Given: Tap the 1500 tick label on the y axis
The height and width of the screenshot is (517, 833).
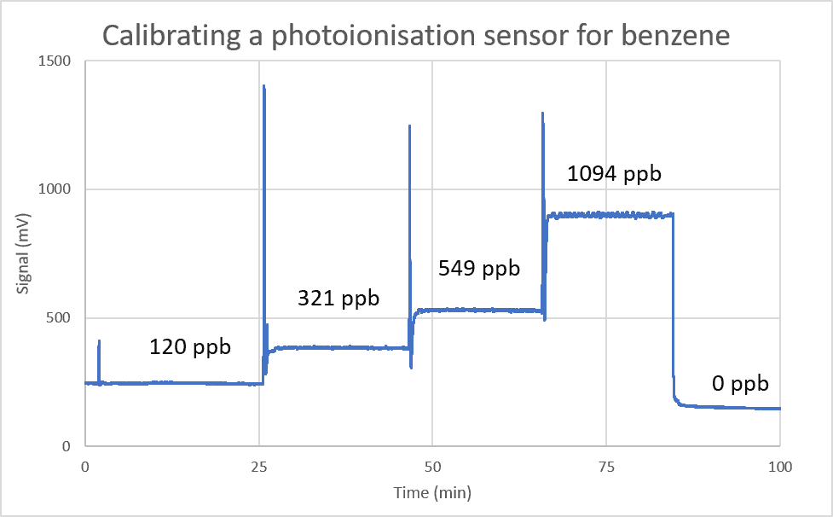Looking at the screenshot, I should [x=54, y=61].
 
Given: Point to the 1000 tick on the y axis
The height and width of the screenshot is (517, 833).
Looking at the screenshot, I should [x=54, y=189].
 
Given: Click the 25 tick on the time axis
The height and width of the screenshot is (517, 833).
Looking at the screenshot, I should [x=258, y=467].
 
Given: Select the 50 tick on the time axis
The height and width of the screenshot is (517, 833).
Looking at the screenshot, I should [x=432, y=467].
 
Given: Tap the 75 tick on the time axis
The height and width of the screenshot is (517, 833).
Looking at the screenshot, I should [x=606, y=467].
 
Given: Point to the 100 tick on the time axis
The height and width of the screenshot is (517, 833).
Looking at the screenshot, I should [x=780, y=467].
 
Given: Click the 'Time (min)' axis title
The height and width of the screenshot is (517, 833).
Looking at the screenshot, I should [x=432, y=493].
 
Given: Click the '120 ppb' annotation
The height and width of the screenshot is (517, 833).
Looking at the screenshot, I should [x=190, y=347].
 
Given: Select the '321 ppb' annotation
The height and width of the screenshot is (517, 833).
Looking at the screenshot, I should [x=338, y=299].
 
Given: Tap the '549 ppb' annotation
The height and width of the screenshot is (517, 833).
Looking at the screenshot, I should [x=478, y=268].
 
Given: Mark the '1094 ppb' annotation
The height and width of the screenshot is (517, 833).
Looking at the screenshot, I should [x=614, y=174].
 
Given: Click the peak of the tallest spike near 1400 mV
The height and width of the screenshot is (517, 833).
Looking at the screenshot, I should [x=263, y=86].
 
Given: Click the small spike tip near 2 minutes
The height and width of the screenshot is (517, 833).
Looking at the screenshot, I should [x=99, y=341].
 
